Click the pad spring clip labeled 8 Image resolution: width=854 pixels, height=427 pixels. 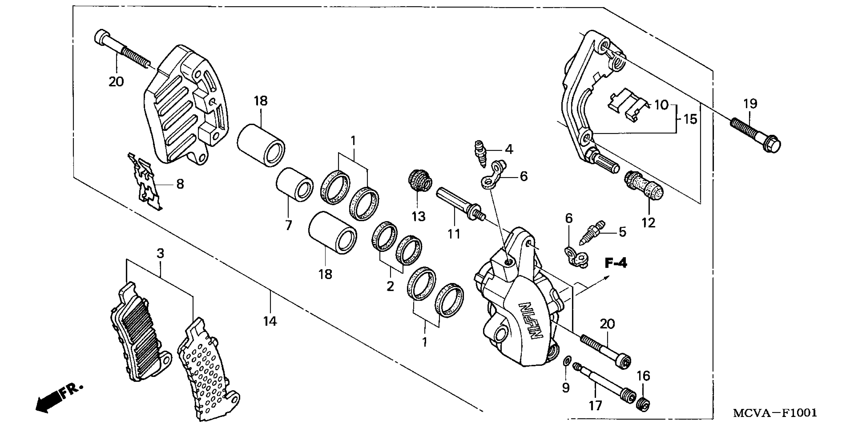(146, 182)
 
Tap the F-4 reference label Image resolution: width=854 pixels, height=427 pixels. (616, 263)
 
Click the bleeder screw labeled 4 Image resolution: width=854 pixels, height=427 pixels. (479, 153)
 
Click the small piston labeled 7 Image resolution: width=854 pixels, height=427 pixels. (295, 184)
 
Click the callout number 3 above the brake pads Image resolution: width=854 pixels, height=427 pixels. (160, 254)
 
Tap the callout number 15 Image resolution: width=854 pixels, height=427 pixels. (690, 119)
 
